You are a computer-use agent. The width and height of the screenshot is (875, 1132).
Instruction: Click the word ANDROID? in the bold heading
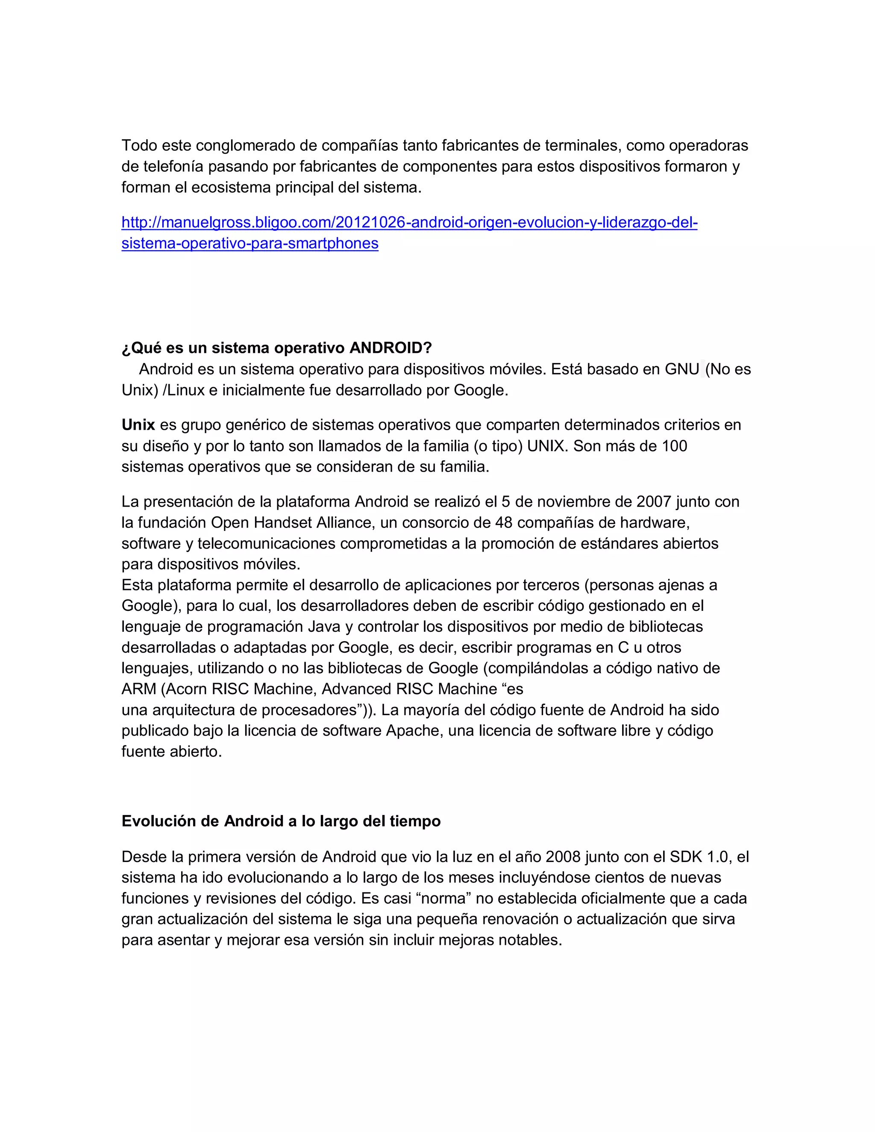tap(391, 348)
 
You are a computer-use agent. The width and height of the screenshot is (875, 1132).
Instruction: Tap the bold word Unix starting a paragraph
tap(138, 425)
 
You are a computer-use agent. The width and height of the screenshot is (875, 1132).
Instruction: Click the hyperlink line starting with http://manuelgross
tap(409, 223)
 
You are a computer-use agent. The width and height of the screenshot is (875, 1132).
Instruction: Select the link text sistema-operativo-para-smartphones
tap(250, 243)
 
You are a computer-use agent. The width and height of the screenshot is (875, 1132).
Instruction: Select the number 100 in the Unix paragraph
tap(674, 446)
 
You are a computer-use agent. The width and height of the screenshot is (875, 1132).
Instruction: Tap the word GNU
tap(682, 369)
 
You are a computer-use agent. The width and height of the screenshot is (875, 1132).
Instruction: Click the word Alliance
tap(343, 522)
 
